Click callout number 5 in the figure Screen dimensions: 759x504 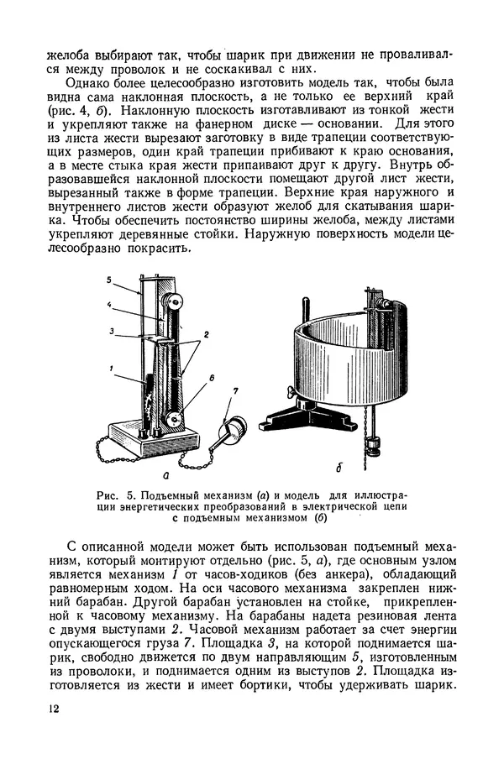tap(109, 278)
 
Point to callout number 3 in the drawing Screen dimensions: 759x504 tap(109, 332)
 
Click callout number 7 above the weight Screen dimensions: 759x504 tap(235, 390)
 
